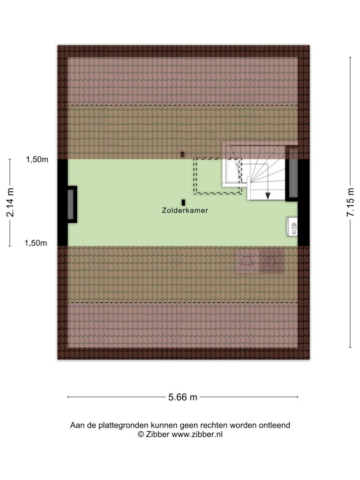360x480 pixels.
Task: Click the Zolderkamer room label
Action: pyautogui.click(x=185, y=210)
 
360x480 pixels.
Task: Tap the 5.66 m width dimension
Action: pyautogui.click(x=183, y=397)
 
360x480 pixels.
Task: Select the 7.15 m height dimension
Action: pyautogui.click(x=350, y=202)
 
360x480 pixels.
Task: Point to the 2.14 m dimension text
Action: pyautogui.click(x=10, y=202)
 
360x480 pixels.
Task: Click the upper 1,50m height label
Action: pyautogui.click(x=37, y=159)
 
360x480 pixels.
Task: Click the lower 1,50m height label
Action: pyautogui.click(x=36, y=243)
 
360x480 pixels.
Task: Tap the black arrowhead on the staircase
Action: pyautogui.click(x=268, y=196)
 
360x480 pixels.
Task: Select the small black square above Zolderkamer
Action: pyautogui.click(x=183, y=202)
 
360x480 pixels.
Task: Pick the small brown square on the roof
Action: pyautogui.click(x=183, y=155)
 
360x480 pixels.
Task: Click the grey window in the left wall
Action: pyautogui.click(x=71, y=204)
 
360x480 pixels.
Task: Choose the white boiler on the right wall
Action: pyautogui.click(x=292, y=227)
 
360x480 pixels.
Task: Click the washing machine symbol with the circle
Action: pyautogui.click(x=271, y=261)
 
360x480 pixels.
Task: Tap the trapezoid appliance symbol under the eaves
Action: pyautogui.click(x=247, y=261)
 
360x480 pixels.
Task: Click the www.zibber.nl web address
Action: pyautogui.click(x=197, y=434)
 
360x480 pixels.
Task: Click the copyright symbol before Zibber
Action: pyautogui.click(x=141, y=434)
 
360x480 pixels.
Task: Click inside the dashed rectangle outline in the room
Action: pyautogui.click(x=217, y=176)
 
